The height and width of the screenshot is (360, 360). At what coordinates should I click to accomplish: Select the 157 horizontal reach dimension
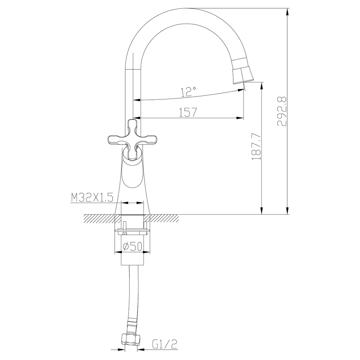click(188, 112)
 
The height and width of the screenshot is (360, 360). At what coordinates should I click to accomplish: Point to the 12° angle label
click(188, 92)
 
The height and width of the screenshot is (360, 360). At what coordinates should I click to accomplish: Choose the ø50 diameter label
click(132, 246)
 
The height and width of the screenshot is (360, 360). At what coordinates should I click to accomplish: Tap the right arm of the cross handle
click(149, 141)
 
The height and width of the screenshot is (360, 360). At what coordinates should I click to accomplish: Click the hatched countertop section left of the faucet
click(99, 217)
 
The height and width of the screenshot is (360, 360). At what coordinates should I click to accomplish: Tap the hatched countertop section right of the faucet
click(163, 217)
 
